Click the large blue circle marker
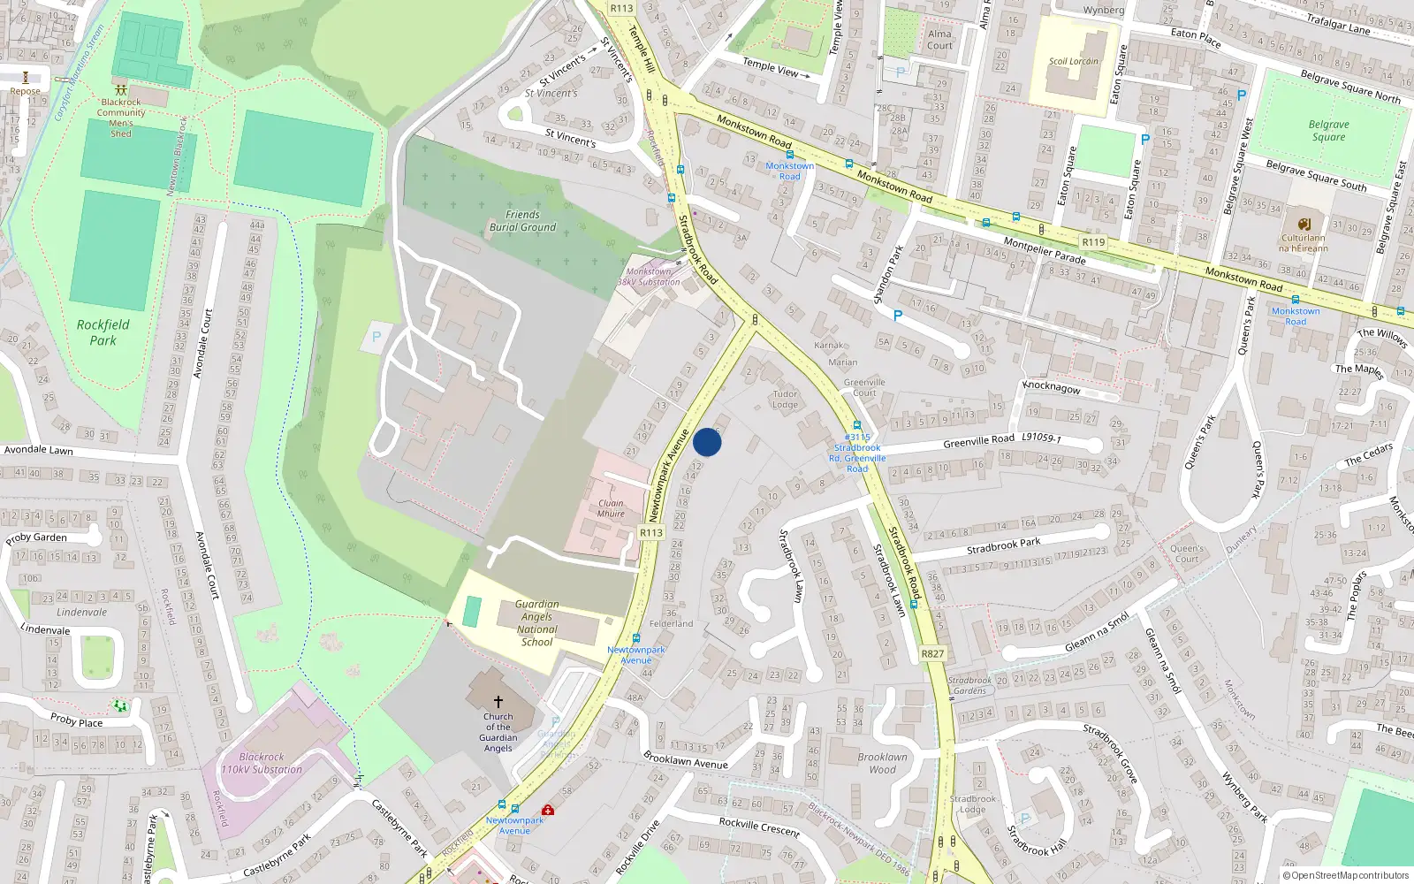(x=707, y=442)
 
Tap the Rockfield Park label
(x=103, y=332)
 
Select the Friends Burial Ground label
(x=522, y=221)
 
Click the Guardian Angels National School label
(x=536, y=623)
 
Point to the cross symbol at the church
(x=498, y=701)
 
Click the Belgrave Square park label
(x=1328, y=131)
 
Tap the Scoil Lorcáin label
(x=1073, y=62)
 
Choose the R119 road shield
(x=1093, y=242)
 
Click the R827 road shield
(x=932, y=654)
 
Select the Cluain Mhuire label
(x=611, y=508)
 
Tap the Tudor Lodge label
(x=785, y=400)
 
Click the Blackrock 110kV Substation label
(x=262, y=764)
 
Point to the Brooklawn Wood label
(x=882, y=763)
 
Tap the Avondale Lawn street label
(x=39, y=450)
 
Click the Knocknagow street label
(x=1051, y=387)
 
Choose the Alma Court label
(x=939, y=40)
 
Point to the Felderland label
(x=671, y=623)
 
